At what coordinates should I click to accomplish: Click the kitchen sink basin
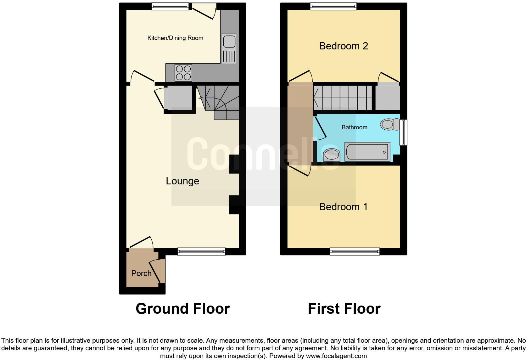pyautogui.click(x=229, y=41)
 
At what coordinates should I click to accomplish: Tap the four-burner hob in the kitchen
pyautogui.click(x=183, y=73)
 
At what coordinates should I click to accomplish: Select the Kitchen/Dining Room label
pyautogui.click(x=175, y=38)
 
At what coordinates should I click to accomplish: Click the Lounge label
pyautogui.click(x=182, y=181)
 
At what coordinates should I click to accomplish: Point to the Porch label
pyautogui.click(x=141, y=273)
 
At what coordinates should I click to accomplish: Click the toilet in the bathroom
pyautogui.click(x=389, y=124)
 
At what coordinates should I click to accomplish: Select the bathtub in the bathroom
pyautogui.click(x=367, y=152)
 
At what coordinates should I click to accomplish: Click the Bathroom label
pyautogui.click(x=354, y=127)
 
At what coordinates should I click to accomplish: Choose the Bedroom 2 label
pyautogui.click(x=344, y=46)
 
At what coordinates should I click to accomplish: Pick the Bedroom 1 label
pyautogui.click(x=343, y=207)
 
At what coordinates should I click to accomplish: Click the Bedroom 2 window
pyautogui.click(x=333, y=6)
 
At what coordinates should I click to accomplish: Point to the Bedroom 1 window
pyautogui.click(x=355, y=251)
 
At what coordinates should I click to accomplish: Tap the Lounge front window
pyautogui.click(x=201, y=251)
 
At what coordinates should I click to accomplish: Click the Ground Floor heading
pyautogui.click(x=182, y=309)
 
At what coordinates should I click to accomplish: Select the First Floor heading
pyautogui.click(x=344, y=309)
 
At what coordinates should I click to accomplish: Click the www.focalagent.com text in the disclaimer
pyautogui.click(x=336, y=356)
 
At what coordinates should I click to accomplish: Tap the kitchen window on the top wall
pyautogui.click(x=170, y=6)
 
